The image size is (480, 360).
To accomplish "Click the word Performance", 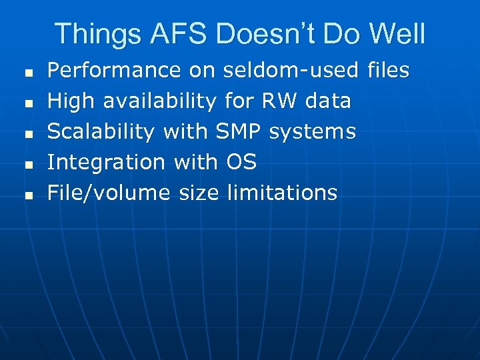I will click(115, 70).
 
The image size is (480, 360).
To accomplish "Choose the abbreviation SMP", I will click(239, 131).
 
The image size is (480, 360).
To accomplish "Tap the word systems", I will click(313, 132).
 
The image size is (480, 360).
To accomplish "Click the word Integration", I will click(107, 162).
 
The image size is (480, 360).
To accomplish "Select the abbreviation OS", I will click(241, 162).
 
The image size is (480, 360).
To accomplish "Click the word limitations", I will click(282, 193).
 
